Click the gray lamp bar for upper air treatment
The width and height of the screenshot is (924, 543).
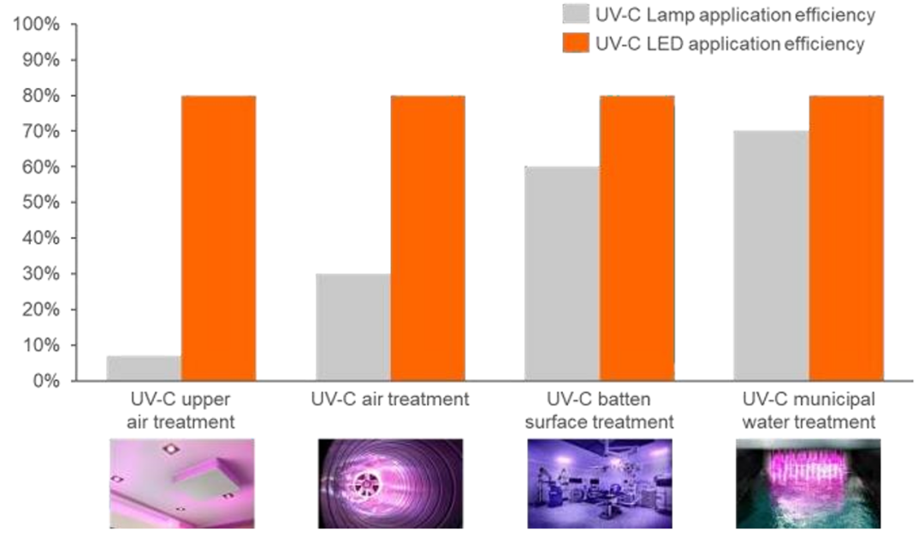click(x=144, y=369)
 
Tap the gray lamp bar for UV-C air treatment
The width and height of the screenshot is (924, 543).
click(x=352, y=327)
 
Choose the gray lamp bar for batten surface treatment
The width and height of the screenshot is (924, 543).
click(x=562, y=274)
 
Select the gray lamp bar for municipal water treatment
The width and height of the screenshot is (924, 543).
click(x=771, y=256)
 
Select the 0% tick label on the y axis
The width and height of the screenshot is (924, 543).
click(x=44, y=381)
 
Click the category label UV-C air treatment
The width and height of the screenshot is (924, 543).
click(x=390, y=399)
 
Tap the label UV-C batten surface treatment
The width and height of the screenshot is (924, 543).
click(x=599, y=410)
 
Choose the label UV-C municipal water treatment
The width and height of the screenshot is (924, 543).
click(x=808, y=410)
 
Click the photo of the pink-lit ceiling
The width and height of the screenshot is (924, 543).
click(x=181, y=482)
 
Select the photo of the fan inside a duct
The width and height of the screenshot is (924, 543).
click(x=390, y=482)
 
